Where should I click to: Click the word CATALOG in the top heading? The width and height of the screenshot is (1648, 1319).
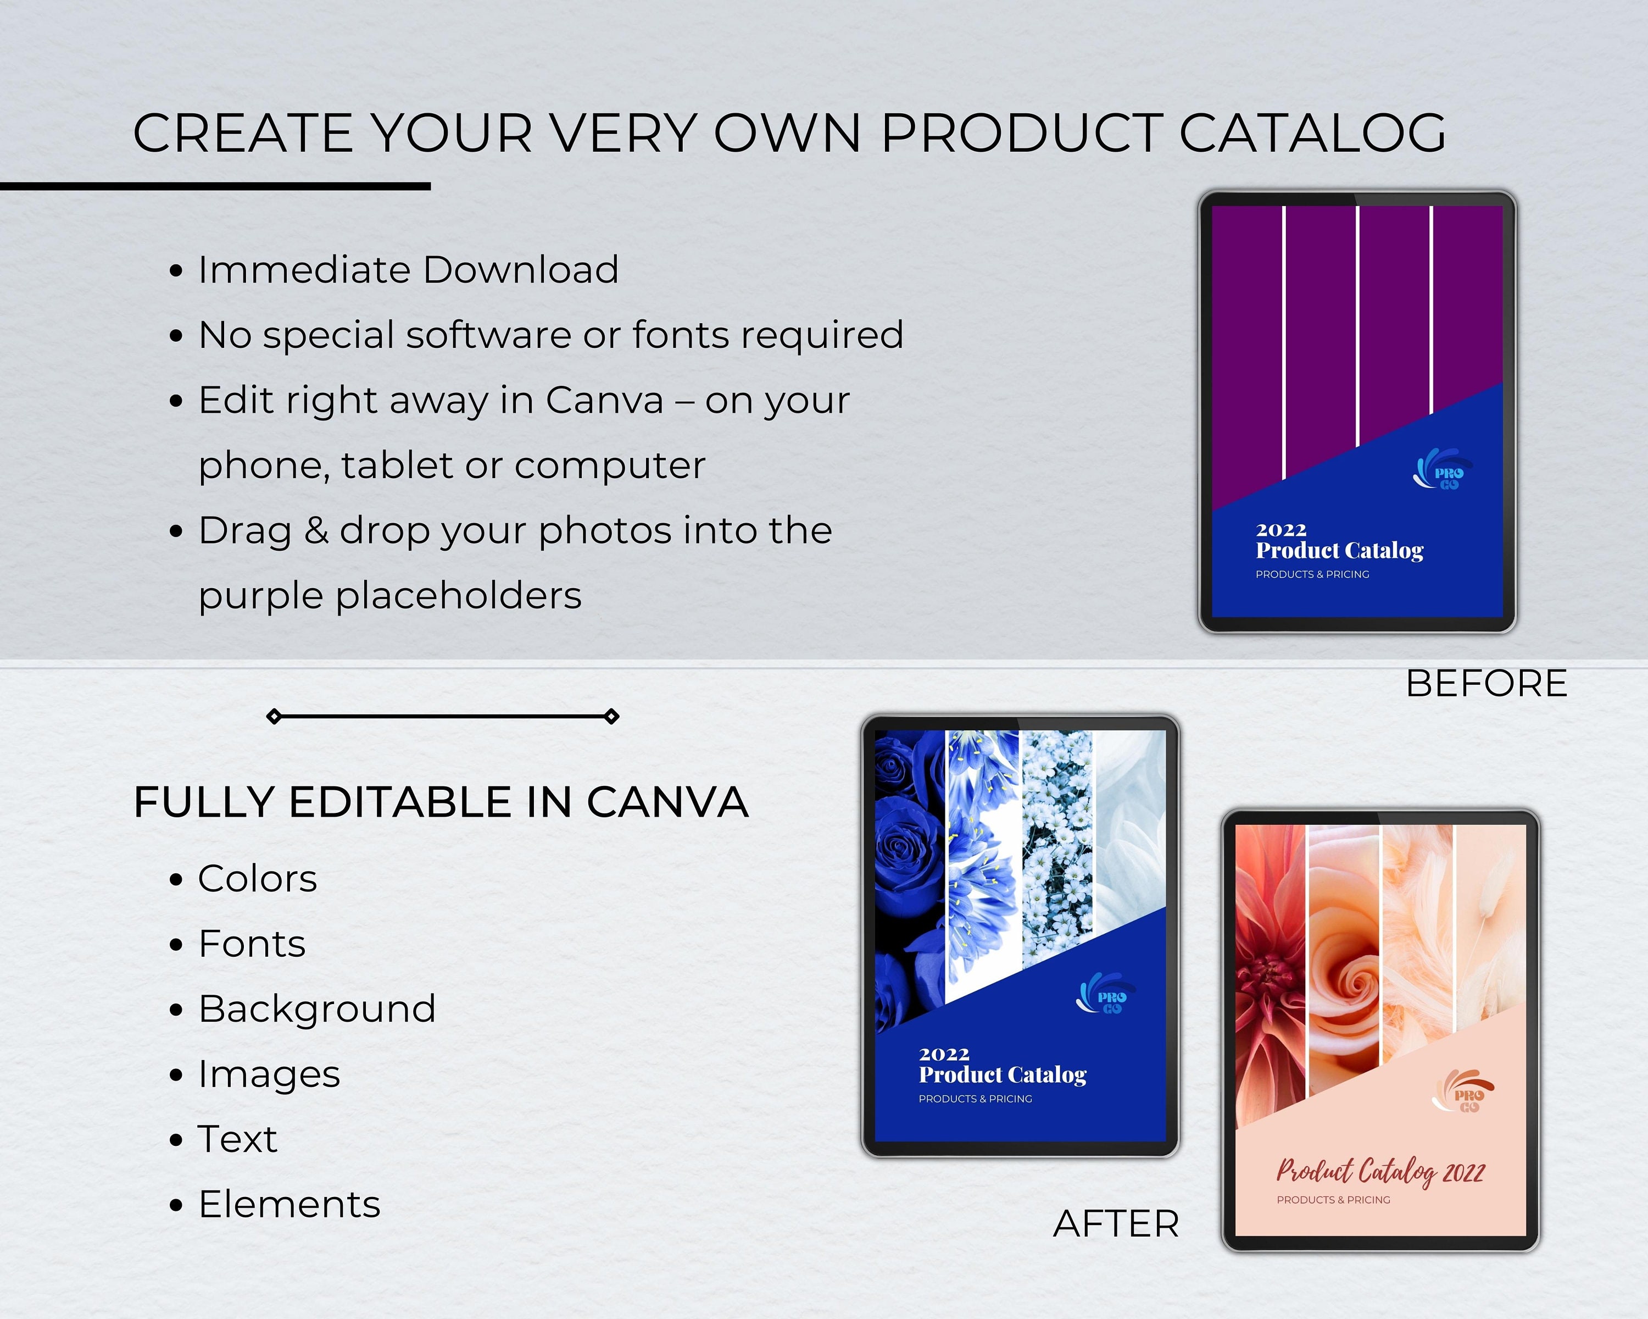(x=1312, y=133)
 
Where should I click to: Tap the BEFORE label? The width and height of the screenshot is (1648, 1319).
(x=1486, y=683)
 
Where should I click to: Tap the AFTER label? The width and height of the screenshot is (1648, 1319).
(x=1116, y=1223)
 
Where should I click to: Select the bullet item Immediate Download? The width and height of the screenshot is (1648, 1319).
(x=408, y=270)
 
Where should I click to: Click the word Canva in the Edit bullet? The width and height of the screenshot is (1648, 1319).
(x=604, y=401)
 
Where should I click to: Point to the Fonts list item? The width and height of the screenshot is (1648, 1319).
(x=252, y=944)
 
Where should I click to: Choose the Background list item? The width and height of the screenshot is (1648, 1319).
(x=316, y=1008)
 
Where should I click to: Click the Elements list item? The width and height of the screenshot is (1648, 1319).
(x=289, y=1204)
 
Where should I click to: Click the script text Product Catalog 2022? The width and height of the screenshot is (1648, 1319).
(x=1380, y=1171)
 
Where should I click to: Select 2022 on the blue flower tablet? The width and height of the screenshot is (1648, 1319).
(x=944, y=1055)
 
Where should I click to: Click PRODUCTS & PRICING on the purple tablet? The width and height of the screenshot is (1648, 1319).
(x=1312, y=574)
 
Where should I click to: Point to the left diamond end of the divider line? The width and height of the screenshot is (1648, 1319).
(x=274, y=717)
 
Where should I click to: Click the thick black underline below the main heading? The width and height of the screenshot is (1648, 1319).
(x=215, y=186)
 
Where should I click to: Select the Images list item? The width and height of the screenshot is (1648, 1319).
(x=268, y=1074)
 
